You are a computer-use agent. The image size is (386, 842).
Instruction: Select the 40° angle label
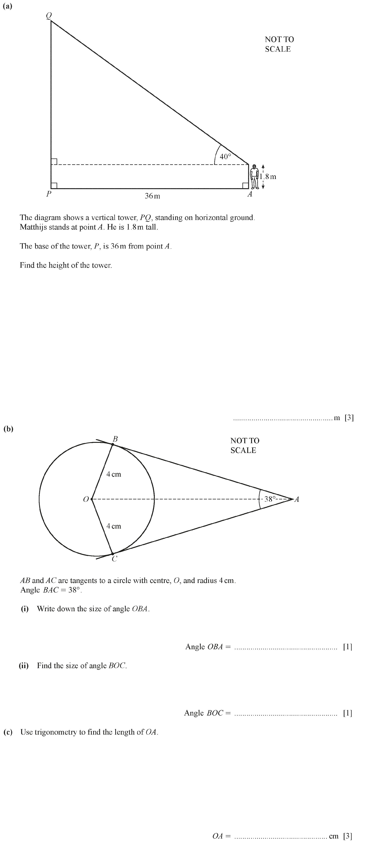click(x=225, y=157)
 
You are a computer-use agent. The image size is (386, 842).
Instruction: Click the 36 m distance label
click(x=152, y=196)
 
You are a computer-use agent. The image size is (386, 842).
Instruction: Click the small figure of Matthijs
click(x=255, y=177)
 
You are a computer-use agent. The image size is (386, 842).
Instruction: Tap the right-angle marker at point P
click(x=54, y=185)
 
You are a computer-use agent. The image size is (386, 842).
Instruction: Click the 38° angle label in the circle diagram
click(x=270, y=499)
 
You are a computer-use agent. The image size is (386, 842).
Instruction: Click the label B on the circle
click(x=115, y=439)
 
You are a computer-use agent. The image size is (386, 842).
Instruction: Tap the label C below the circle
click(x=114, y=559)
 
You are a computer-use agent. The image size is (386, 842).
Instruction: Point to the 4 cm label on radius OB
click(x=114, y=474)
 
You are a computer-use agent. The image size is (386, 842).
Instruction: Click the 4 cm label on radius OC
click(x=114, y=526)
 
